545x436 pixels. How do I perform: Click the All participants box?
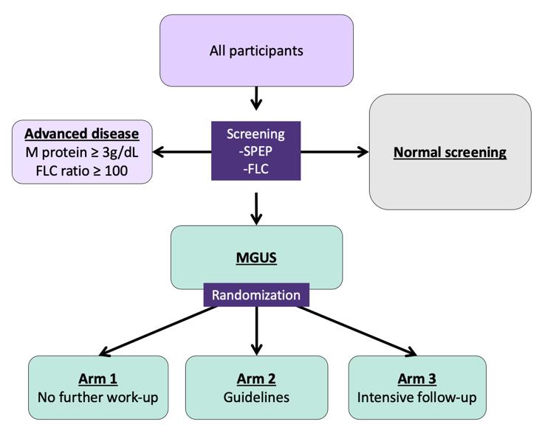point(256,51)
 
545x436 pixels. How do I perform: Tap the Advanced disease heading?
point(82,134)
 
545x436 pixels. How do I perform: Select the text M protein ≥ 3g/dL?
point(82,153)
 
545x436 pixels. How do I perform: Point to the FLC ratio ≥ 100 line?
point(82,171)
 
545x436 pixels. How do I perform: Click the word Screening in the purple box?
point(256,134)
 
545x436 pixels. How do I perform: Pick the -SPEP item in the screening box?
point(256,151)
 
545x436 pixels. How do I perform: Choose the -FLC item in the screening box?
point(256,169)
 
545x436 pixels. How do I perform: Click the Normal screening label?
point(450,153)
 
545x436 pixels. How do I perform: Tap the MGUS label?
point(256,258)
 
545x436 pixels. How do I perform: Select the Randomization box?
point(256,295)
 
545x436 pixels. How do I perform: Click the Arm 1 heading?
point(98,378)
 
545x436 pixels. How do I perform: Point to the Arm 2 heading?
point(256,378)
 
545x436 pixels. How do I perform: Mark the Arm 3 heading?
point(417,378)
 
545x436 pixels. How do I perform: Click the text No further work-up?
point(98,398)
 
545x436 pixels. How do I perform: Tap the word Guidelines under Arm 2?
point(256,398)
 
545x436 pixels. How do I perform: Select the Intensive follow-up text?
point(417,398)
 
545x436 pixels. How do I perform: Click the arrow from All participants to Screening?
point(256,98)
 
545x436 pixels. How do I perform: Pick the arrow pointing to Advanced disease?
point(182,152)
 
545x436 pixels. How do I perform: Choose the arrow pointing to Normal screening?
point(335,152)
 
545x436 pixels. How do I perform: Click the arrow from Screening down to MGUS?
point(256,209)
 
